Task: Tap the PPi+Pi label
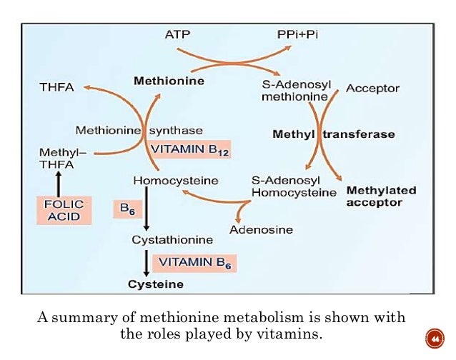(298, 34)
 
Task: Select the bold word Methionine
(169, 81)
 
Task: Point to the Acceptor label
(372, 89)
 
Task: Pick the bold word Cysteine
(155, 284)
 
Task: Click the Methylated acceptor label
(381, 196)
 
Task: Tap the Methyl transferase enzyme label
(334, 134)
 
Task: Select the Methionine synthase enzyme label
(139, 131)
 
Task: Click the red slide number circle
(432, 336)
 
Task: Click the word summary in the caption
(84, 317)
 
